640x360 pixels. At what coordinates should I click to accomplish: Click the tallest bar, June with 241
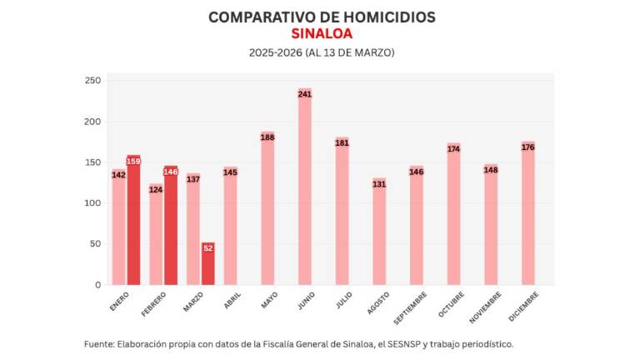tap(305, 187)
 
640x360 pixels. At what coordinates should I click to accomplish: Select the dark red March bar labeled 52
tap(208, 264)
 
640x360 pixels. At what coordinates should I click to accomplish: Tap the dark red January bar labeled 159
tap(133, 221)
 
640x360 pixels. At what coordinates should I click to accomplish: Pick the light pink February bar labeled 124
tap(156, 237)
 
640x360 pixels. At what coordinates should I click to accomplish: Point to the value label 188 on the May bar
tap(267, 137)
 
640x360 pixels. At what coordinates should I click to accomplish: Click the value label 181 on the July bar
tap(342, 143)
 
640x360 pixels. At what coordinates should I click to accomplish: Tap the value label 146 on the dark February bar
tap(171, 172)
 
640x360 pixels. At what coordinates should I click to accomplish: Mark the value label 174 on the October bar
tap(453, 149)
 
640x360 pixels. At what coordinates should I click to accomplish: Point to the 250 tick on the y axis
tap(92, 81)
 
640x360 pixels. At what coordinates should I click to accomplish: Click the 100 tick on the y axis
tap(92, 203)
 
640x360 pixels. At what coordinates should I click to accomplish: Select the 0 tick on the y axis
tap(97, 285)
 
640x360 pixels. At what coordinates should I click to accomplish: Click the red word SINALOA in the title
tap(321, 34)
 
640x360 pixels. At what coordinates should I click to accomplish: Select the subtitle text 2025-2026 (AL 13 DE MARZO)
tap(321, 52)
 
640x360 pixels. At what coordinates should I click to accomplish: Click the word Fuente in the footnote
tap(101, 343)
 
